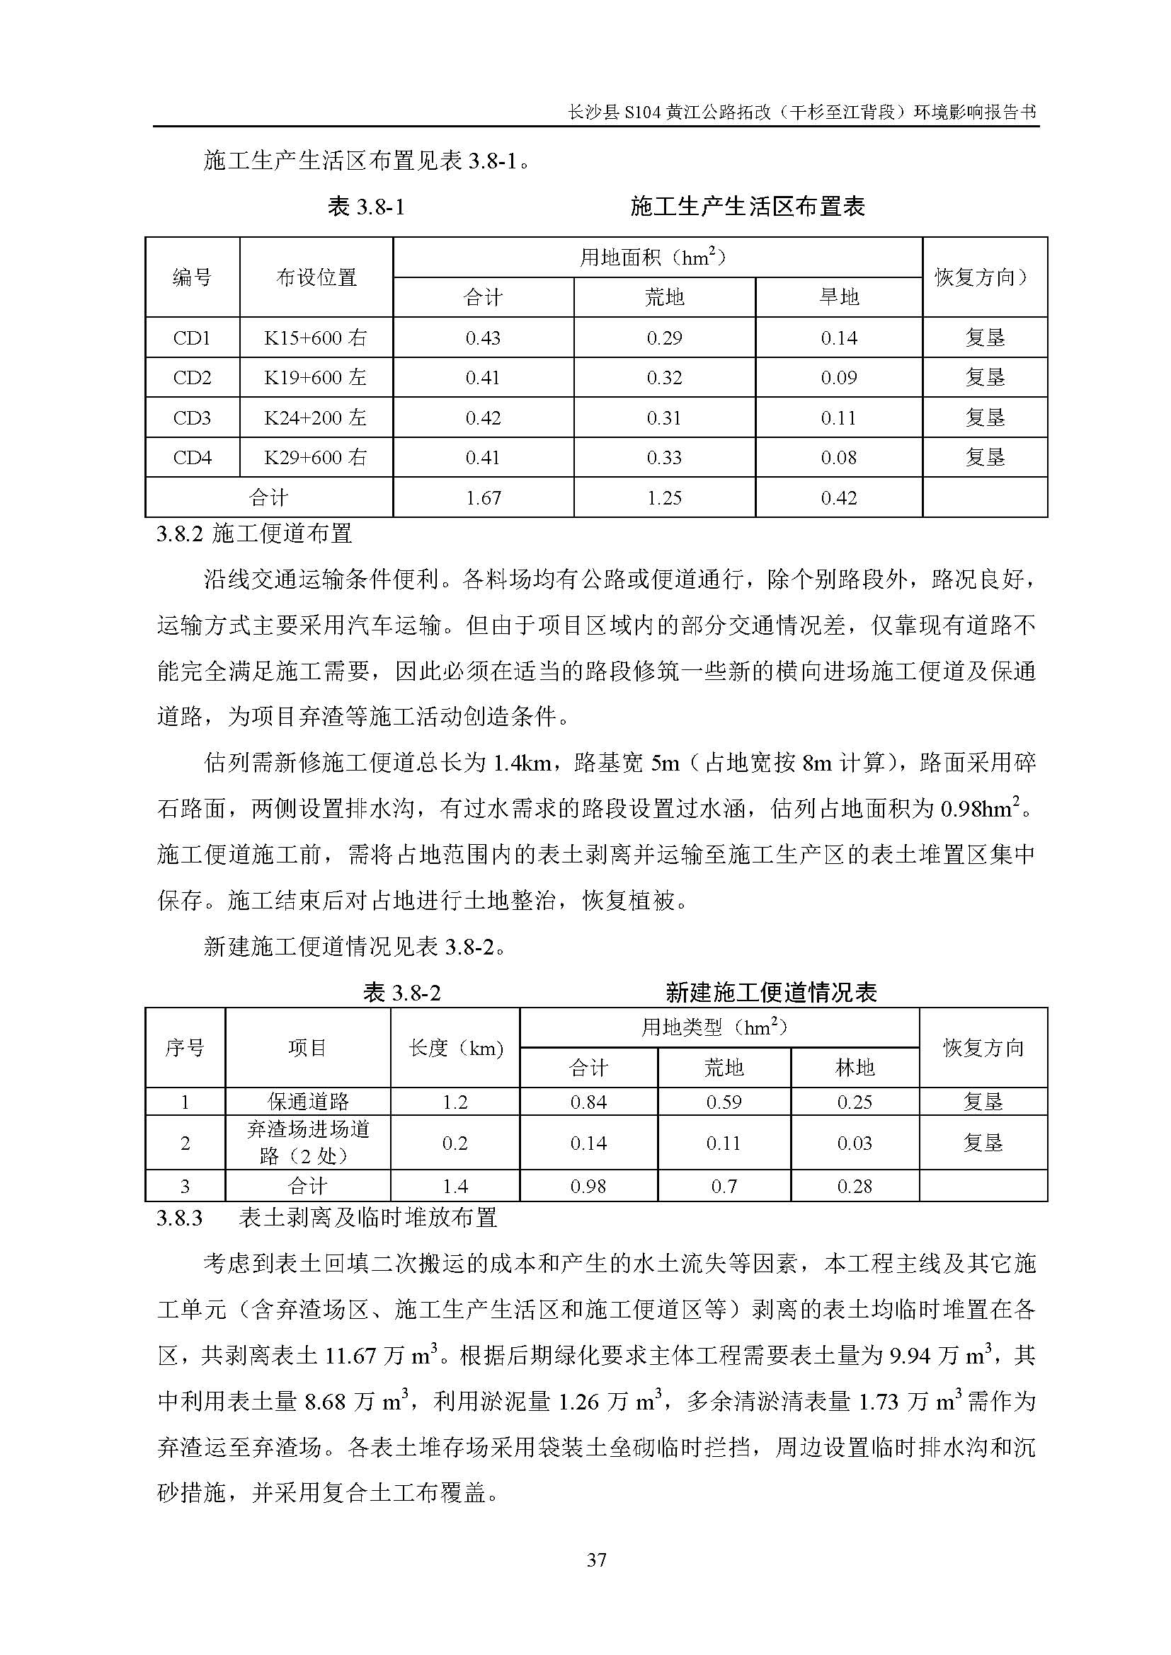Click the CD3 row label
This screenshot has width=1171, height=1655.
(x=192, y=418)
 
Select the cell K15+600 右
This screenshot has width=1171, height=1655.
(x=316, y=338)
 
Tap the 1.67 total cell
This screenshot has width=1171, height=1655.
(x=483, y=498)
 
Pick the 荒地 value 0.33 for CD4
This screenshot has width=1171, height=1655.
(x=664, y=458)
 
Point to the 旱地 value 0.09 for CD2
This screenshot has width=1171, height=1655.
(x=838, y=378)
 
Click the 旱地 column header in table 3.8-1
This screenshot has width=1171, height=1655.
(x=838, y=297)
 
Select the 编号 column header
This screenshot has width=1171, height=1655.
(x=192, y=277)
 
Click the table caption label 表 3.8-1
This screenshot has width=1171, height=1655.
(x=366, y=208)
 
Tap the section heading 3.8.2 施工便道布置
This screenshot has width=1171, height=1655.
(x=255, y=534)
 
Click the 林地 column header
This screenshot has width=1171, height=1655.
(x=855, y=1068)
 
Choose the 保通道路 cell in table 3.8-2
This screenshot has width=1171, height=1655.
(x=308, y=1102)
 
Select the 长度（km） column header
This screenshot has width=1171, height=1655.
(x=455, y=1048)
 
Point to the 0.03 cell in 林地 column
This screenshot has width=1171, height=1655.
(x=855, y=1143)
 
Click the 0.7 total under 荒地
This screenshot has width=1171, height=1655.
(x=724, y=1187)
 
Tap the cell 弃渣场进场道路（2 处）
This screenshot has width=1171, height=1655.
(x=308, y=1143)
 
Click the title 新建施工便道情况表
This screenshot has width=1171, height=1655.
(x=771, y=993)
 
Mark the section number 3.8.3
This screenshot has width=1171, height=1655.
(x=180, y=1218)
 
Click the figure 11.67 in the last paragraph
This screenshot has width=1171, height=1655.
(x=351, y=1356)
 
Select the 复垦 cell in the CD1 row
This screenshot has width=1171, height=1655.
(x=984, y=338)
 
